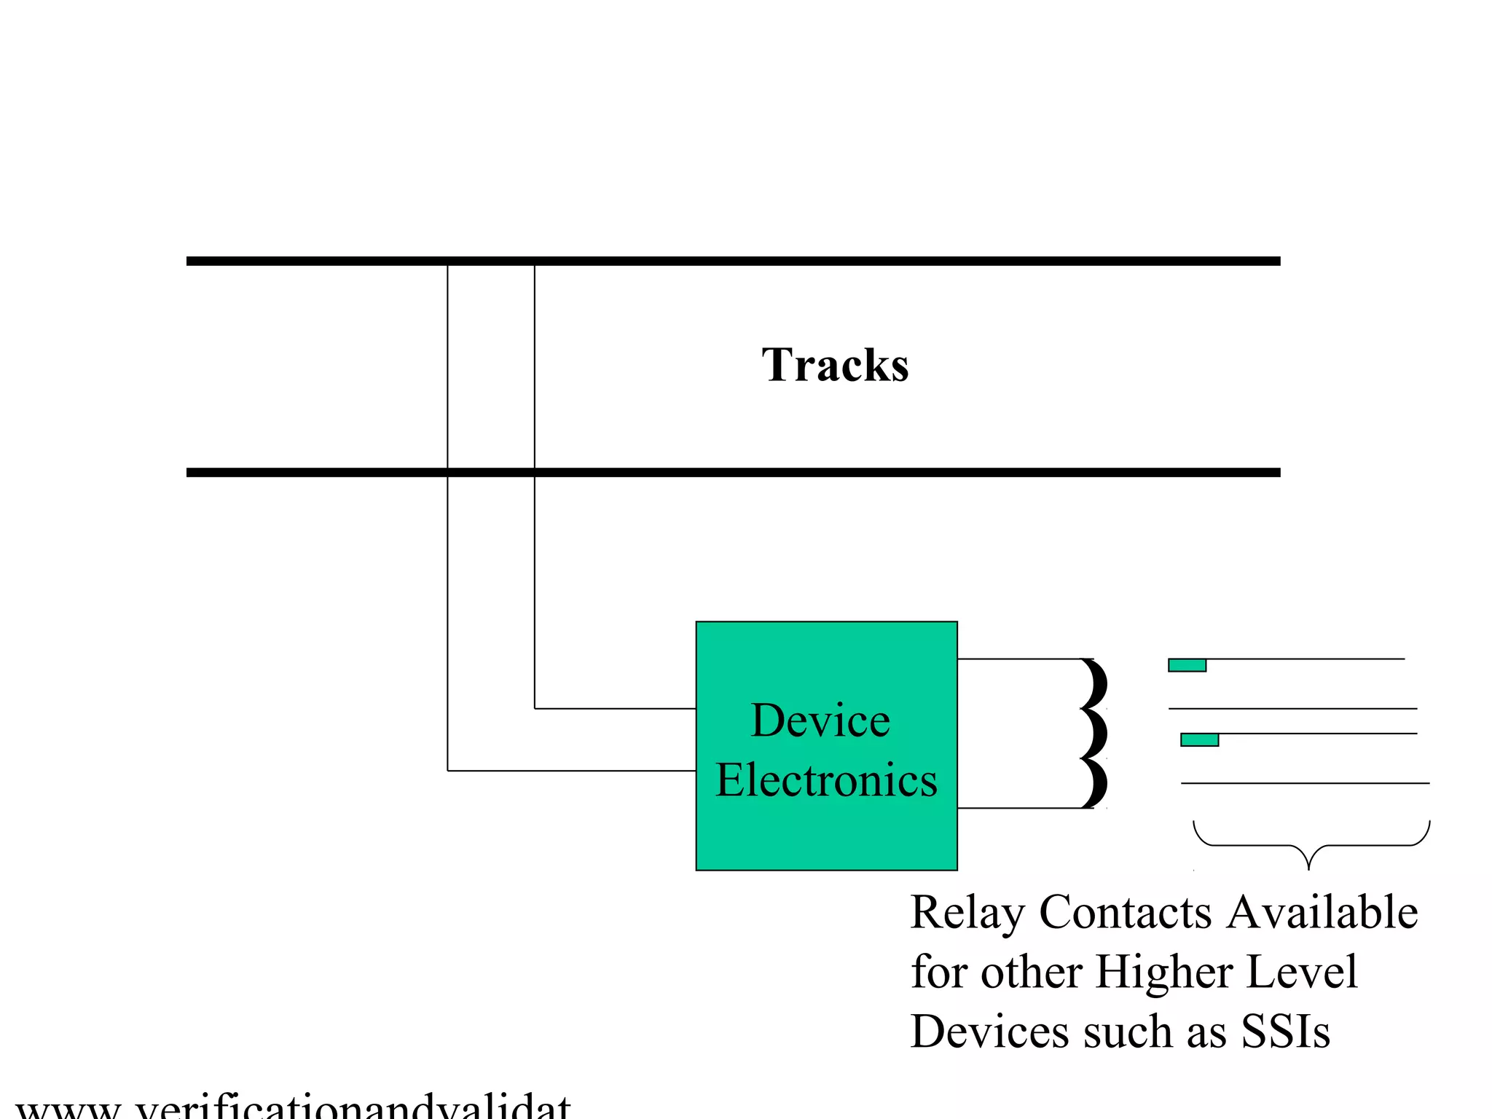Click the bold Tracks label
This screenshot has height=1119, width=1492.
(835, 365)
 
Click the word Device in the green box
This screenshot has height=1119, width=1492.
(820, 721)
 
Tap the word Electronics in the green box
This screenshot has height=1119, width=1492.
(826, 780)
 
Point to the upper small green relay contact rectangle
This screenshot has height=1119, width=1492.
(1187, 665)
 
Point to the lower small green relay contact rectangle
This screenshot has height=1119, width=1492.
(1199, 740)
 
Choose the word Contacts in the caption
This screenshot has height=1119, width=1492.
(1125, 911)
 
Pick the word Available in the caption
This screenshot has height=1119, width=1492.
(1322, 911)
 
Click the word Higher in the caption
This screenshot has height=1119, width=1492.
(1163, 973)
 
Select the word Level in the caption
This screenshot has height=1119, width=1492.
(1302, 971)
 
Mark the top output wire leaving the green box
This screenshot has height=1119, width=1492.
(1020, 659)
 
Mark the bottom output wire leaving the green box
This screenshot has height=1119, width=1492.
(1020, 808)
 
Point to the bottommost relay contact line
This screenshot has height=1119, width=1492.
(1304, 783)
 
